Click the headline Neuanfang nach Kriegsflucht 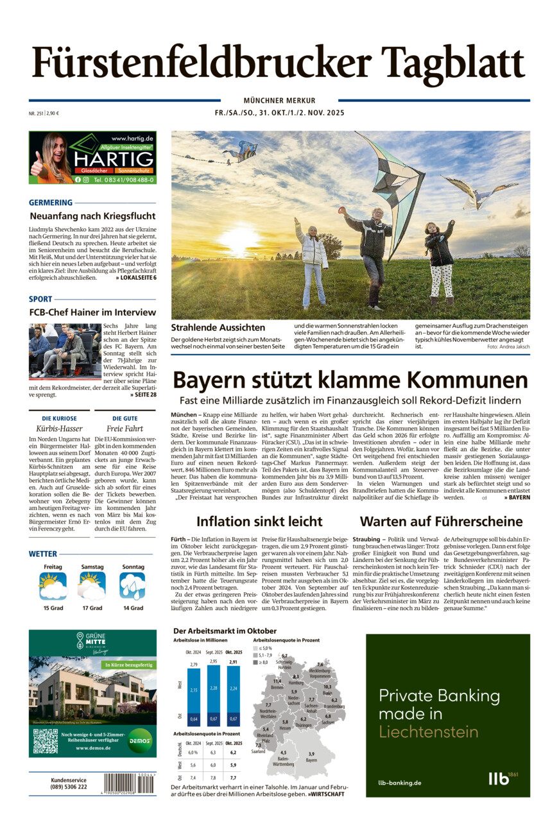[92, 216]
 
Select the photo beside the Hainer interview [65, 351]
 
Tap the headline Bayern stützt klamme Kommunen [350, 380]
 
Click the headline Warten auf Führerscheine [441, 521]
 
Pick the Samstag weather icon [92, 586]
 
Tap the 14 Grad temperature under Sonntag [133, 608]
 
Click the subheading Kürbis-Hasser [60, 428]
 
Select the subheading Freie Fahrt [125, 428]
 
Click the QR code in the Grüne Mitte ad [45, 740]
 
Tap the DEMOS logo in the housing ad [139, 740]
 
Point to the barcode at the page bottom [129, 783]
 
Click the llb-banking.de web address [399, 782]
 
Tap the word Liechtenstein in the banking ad [429, 732]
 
